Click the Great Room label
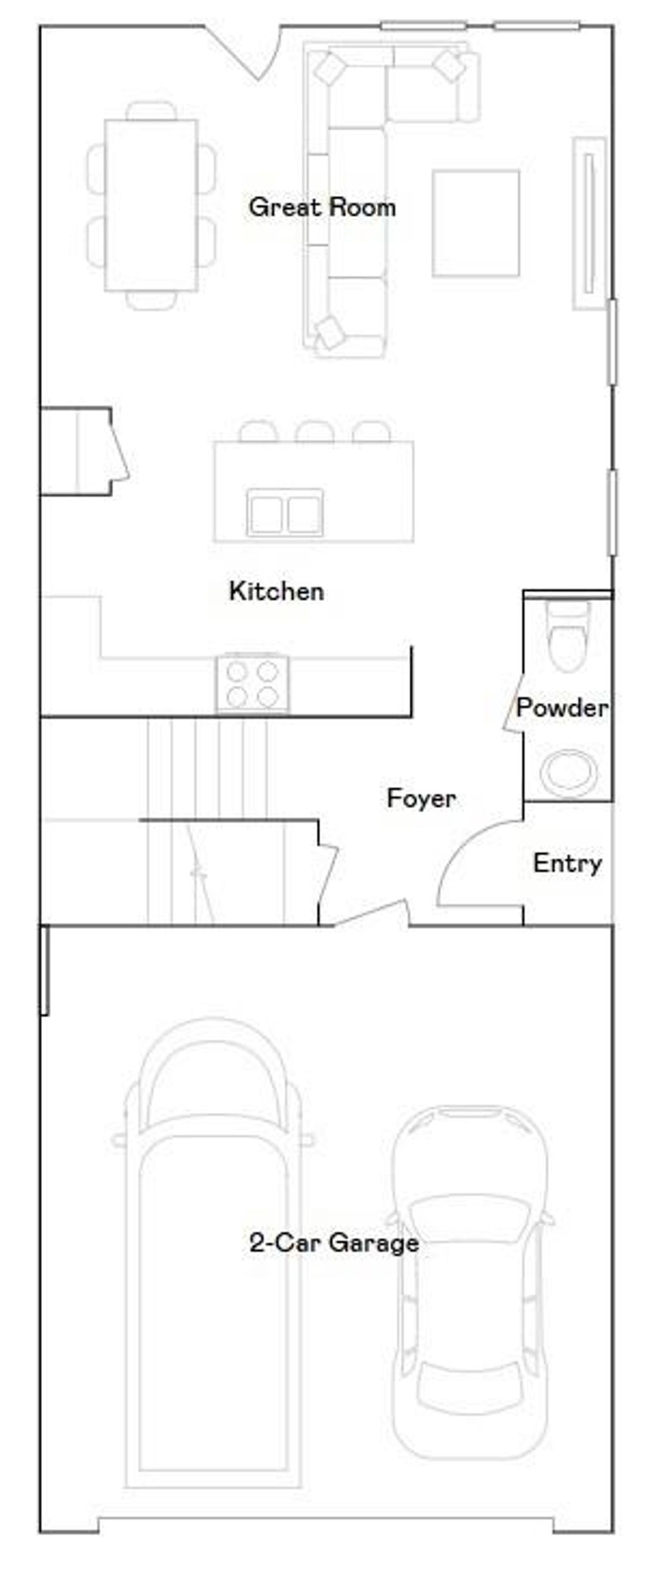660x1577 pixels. [x=322, y=208]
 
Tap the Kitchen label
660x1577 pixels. [x=277, y=591]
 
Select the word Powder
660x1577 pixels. [x=561, y=708]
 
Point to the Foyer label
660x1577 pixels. [x=421, y=799]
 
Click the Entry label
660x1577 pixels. [x=567, y=863]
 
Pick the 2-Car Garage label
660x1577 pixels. [x=334, y=1242]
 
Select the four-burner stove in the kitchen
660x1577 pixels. [x=252, y=683]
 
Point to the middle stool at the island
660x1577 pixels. [x=315, y=431]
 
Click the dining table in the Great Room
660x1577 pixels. [x=151, y=205]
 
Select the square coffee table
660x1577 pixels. [x=476, y=223]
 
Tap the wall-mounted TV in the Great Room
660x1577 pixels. [x=588, y=223]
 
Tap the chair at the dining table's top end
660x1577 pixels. [x=151, y=111]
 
